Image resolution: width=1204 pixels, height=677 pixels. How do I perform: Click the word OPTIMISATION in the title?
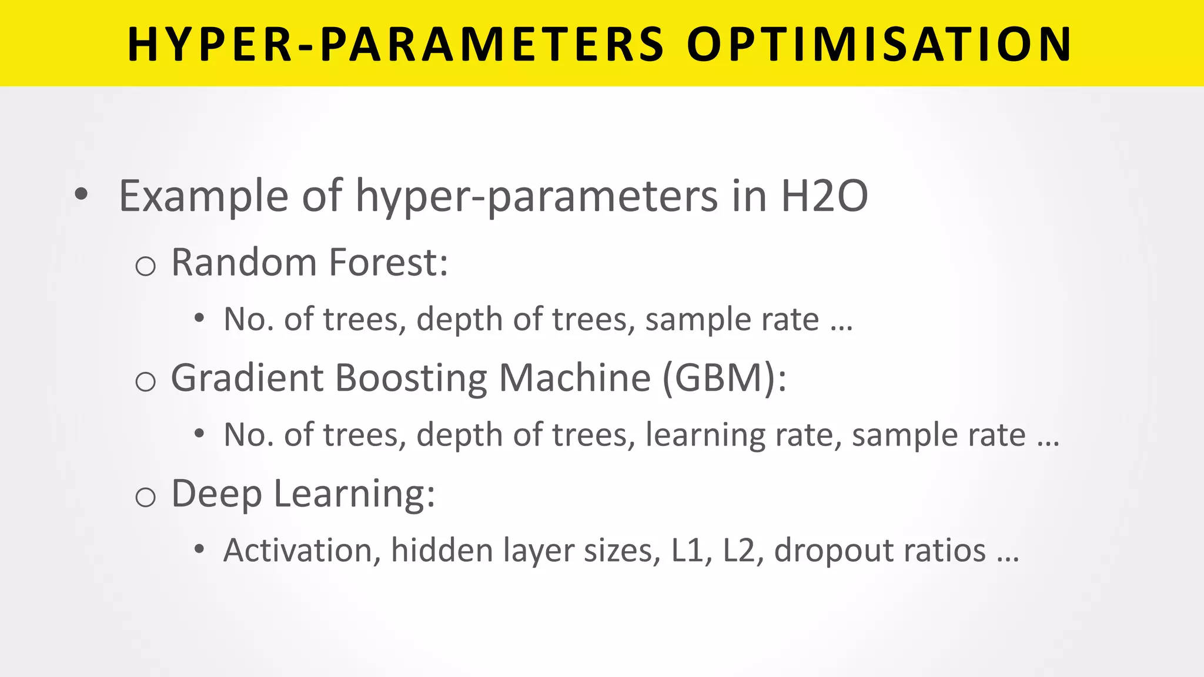point(879,45)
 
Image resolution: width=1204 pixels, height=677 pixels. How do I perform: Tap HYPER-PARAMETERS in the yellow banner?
point(396,45)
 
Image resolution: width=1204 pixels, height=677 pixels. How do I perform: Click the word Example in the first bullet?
point(203,197)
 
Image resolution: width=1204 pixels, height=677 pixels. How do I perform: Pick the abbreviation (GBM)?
point(724,378)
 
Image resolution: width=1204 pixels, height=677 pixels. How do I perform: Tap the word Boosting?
point(411,378)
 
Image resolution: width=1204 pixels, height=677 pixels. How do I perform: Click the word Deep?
point(216,494)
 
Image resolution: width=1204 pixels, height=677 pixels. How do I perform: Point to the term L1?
point(691,551)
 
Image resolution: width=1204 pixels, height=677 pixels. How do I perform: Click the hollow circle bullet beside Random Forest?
point(145,267)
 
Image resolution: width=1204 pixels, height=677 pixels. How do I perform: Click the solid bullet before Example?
point(81,195)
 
